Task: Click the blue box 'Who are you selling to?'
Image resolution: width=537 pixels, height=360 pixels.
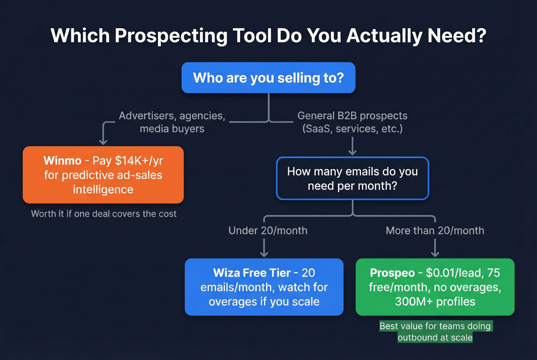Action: (268, 78)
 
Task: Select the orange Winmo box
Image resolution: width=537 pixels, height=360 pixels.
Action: (103, 175)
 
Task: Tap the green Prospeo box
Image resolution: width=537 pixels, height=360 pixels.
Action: (435, 287)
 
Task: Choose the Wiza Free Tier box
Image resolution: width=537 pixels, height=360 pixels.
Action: (264, 287)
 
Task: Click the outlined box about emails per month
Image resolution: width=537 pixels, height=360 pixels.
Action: (352, 179)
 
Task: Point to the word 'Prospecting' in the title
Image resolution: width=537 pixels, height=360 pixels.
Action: (171, 36)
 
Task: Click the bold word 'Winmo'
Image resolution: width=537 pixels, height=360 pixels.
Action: (63, 160)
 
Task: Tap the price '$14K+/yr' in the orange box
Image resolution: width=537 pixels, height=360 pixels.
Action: (139, 160)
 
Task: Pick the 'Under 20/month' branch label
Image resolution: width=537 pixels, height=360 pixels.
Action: (268, 230)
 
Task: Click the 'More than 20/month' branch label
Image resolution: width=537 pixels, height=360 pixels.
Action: (435, 230)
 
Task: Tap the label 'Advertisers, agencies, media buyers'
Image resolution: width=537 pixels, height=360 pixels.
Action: (172, 122)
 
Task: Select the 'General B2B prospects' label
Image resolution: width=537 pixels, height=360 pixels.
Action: (352, 116)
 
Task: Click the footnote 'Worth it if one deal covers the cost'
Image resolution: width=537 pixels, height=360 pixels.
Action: (104, 214)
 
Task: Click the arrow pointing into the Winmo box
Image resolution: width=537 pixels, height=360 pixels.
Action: (103, 136)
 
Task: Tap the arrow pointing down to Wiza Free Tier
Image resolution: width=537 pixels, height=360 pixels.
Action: (264, 248)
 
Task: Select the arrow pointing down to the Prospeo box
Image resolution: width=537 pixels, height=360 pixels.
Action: (435, 248)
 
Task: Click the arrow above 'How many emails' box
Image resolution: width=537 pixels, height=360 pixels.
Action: (352, 146)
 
